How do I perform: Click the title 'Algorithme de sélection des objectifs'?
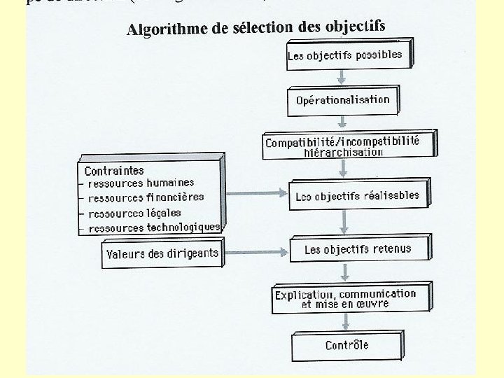[255, 27]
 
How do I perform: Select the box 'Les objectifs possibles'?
[345, 55]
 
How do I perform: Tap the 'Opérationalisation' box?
[342, 100]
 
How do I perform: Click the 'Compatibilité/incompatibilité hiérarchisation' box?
[343, 146]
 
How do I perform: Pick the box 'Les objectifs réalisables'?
[358, 196]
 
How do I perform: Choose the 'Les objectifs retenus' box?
[358, 249]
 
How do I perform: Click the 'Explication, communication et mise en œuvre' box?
[345, 299]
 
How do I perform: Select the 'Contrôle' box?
[346, 345]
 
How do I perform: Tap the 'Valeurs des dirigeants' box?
[162, 253]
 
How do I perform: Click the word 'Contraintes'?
[114, 170]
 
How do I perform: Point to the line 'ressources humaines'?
[141, 183]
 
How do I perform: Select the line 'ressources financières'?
[146, 197]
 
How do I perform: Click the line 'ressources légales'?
[134, 212]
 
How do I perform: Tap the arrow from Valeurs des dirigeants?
[255, 249]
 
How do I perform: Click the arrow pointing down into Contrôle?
[344, 323]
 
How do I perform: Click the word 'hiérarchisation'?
[344, 152]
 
